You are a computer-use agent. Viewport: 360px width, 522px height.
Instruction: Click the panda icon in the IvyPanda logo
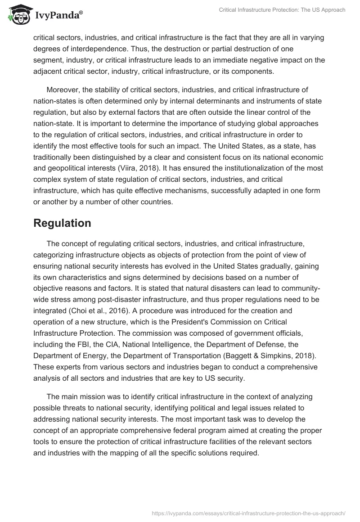pos(18,14)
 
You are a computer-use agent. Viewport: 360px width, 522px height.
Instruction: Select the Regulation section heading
pos(62,223)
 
